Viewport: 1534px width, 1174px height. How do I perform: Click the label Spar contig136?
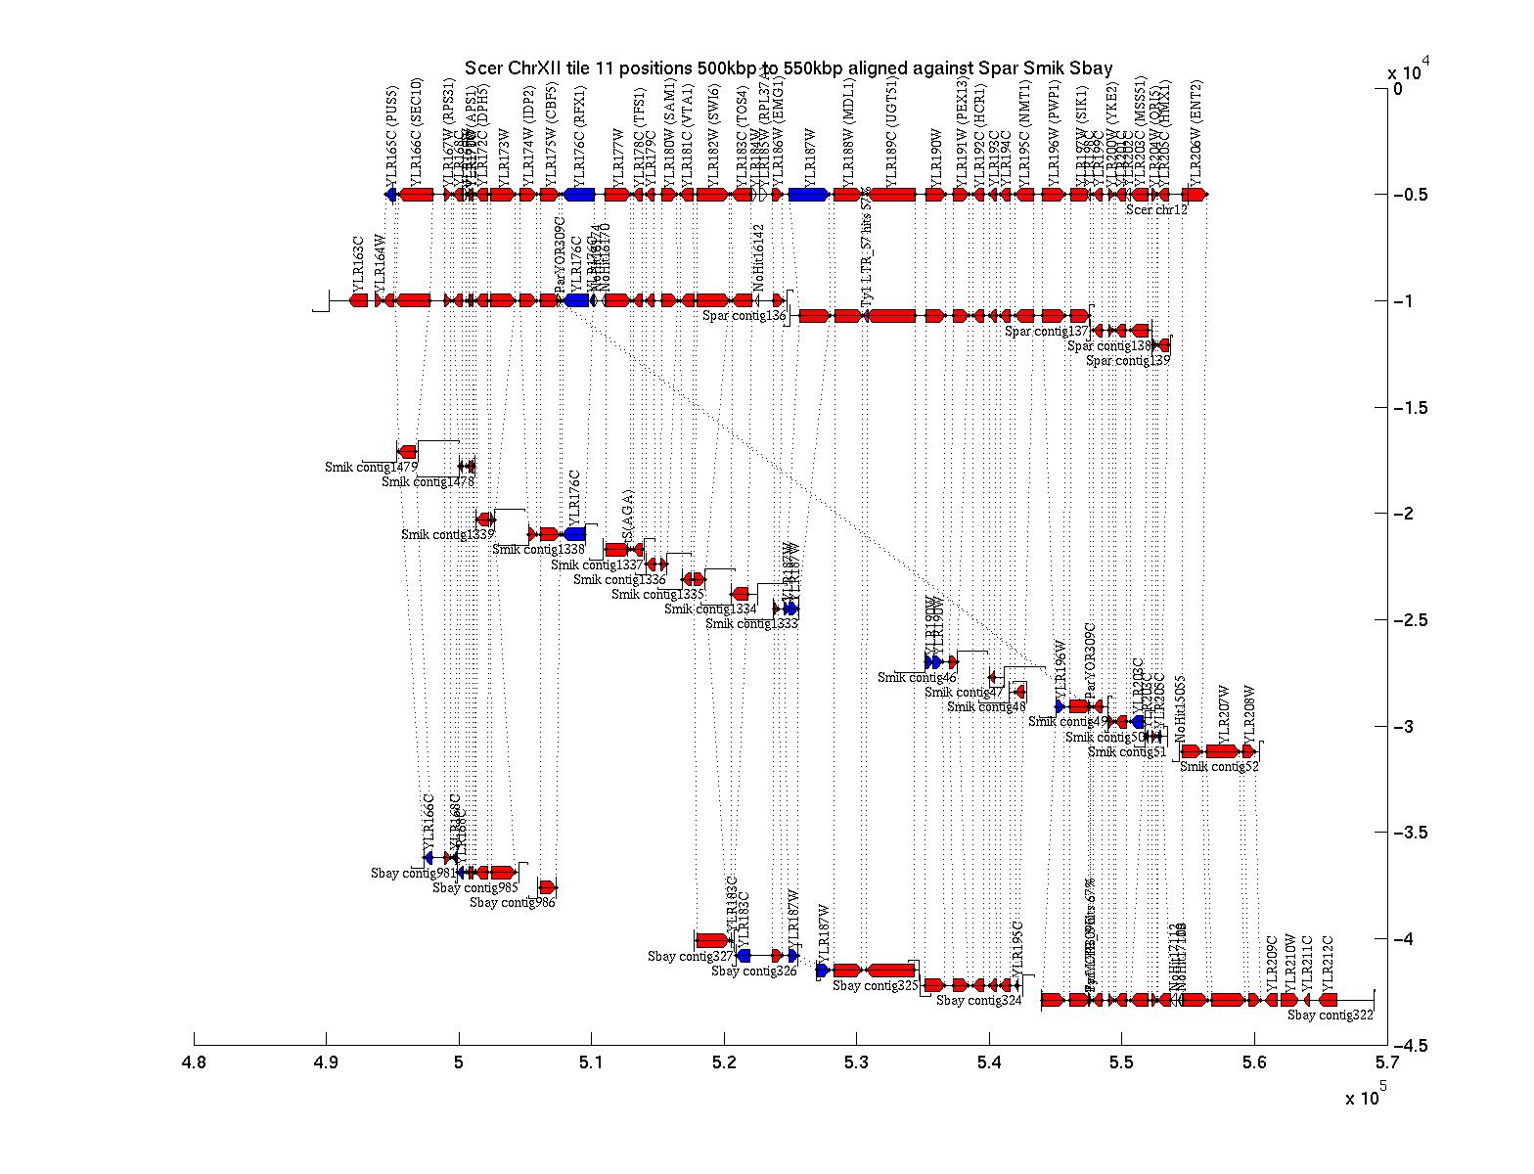click(x=744, y=316)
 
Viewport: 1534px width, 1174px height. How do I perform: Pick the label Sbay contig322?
click(x=1331, y=1016)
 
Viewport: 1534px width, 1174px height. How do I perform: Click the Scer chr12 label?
click(x=1156, y=209)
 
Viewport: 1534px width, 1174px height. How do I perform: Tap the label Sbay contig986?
click(x=512, y=903)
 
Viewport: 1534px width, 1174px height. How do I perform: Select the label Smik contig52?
click(x=1219, y=767)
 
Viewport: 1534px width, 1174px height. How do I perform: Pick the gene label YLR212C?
click(x=1329, y=964)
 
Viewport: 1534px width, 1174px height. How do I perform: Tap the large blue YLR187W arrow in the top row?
click(x=809, y=195)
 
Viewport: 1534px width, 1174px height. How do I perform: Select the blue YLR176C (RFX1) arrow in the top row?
click(x=579, y=195)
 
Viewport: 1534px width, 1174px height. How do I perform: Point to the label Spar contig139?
click(x=1128, y=361)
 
